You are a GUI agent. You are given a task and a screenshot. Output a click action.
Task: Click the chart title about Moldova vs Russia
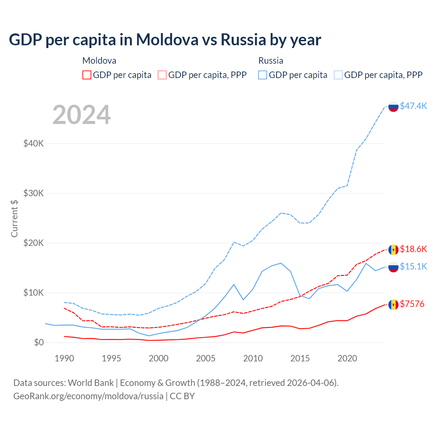pyautogui.click(x=165, y=40)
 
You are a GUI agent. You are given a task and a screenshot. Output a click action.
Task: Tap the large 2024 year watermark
pyautogui.click(x=81, y=115)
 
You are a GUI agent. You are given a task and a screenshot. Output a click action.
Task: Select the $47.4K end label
pyautogui.click(x=413, y=106)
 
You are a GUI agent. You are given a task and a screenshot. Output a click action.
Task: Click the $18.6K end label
pyautogui.click(x=413, y=249)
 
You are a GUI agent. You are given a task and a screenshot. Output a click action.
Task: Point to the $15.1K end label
pyautogui.click(x=413, y=266)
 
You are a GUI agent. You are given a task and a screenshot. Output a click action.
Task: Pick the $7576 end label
pyautogui.click(x=412, y=304)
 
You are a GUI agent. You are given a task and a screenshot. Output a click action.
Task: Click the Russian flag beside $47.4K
pyautogui.click(x=393, y=107)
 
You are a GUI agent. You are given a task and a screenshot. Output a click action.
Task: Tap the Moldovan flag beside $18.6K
pyautogui.click(x=393, y=250)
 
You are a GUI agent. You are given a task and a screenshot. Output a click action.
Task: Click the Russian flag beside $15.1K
pyautogui.click(x=393, y=267)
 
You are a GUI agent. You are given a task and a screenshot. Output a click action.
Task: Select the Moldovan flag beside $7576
pyautogui.click(x=393, y=305)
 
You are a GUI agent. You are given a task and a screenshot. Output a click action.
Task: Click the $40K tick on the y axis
pyautogui.click(x=33, y=143)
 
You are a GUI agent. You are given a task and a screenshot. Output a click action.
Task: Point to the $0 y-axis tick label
pyautogui.click(x=39, y=342)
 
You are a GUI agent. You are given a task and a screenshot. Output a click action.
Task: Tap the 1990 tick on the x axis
pyautogui.click(x=64, y=358)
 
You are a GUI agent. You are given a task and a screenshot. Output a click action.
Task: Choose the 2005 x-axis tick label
pyautogui.click(x=206, y=358)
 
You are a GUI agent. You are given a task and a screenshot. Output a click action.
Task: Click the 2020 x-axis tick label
pyautogui.click(x=347, y=358)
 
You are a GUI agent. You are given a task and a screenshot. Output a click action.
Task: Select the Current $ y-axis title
pyautogui.click(x=14, y=218)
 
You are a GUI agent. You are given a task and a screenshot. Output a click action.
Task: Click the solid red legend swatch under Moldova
pyautogui.click(x=87, y=75)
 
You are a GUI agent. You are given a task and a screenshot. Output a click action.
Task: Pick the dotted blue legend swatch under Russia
pyautogui.click(x=338, y=75)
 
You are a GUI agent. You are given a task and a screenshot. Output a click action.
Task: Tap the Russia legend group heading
pyautogui.click(x=271, y=61)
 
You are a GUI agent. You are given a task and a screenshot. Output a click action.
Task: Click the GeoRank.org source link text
pyautogui.click(x=88, y=396)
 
